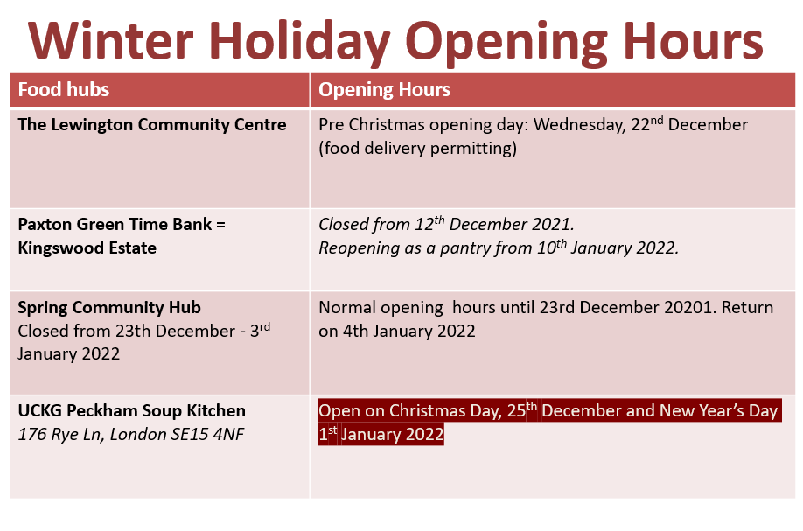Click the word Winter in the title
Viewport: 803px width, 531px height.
(110, 40)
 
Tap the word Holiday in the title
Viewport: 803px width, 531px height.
(299, 43)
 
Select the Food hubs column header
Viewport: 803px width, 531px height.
(64, 89)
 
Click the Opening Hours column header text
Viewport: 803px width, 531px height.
(384, 89)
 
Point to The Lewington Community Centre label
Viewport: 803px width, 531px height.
(152, 125)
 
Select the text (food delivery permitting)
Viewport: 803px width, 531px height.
(418, 149)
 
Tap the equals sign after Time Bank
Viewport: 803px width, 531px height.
(220, 225)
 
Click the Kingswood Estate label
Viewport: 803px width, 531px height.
(87, 248)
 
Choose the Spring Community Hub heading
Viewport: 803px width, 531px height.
(109, 308)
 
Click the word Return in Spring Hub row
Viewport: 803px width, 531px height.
(748, 308)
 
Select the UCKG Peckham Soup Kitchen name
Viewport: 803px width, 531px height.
(131, 411)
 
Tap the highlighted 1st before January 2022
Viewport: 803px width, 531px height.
(328, 434)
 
